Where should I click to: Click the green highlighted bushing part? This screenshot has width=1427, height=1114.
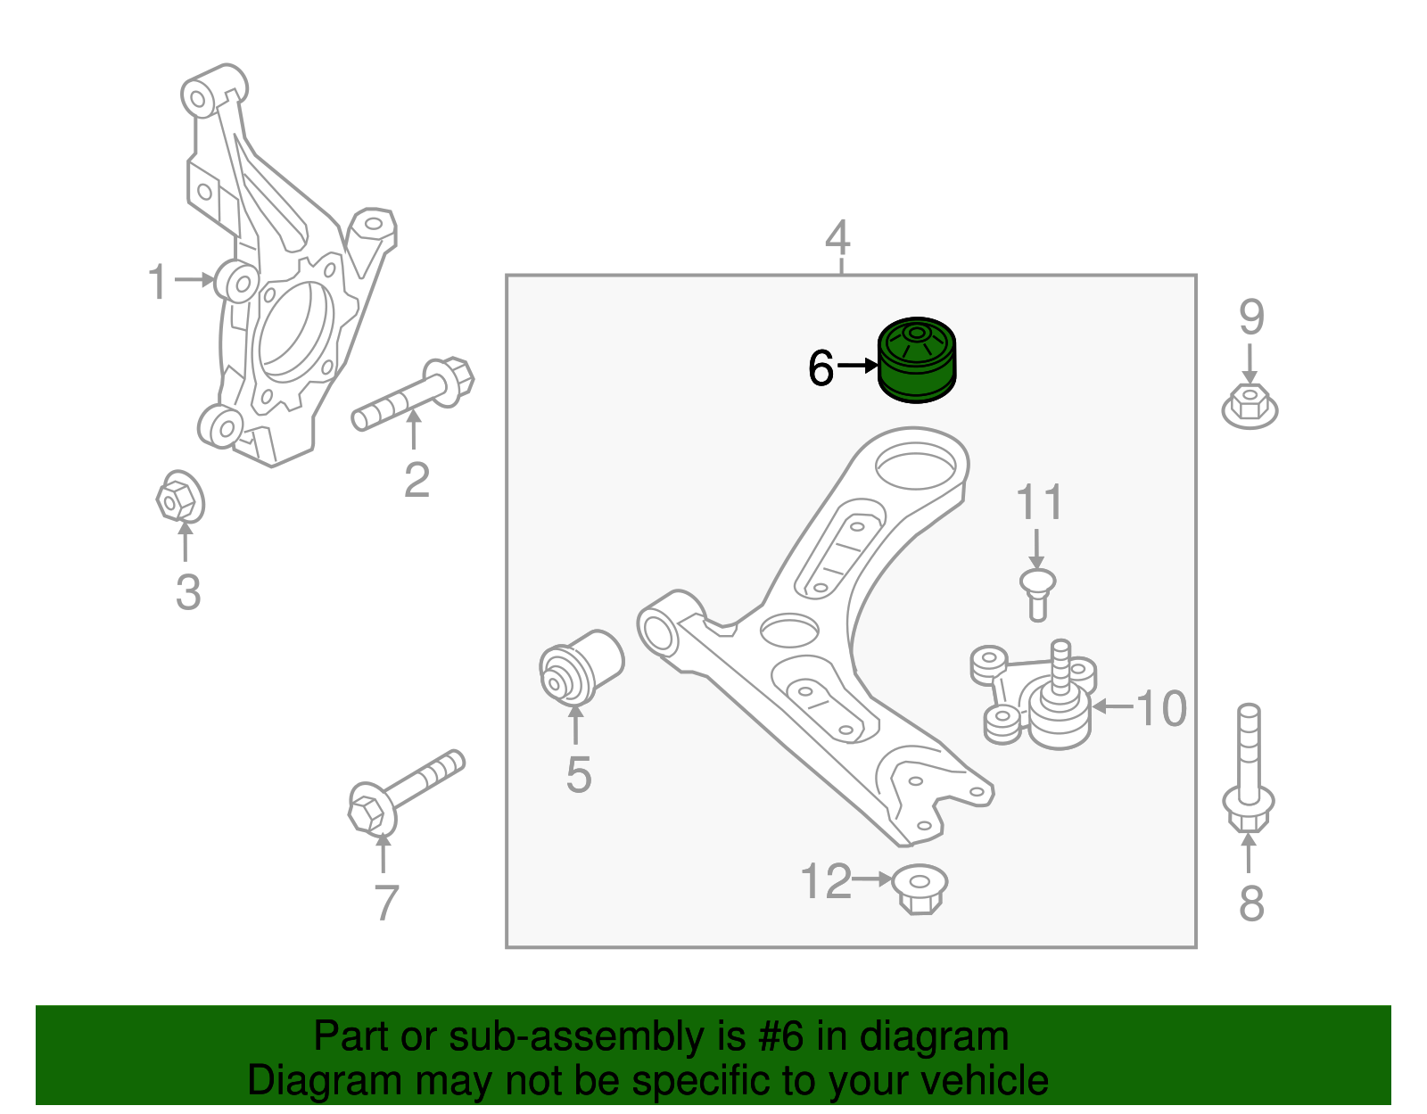tap(917, 360)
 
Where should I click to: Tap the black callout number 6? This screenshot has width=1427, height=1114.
tap(821, 367)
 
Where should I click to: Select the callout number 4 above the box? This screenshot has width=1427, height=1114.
tap(837, 238)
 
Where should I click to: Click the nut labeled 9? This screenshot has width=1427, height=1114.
tap(1250, 408)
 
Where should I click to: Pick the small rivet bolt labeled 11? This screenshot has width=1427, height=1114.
tap(1037, 593)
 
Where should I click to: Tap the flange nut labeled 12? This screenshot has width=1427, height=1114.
tap(920, 888)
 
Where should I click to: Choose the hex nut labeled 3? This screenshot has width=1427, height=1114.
tap(179, 498)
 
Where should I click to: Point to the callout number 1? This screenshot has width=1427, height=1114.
tap(157, 282)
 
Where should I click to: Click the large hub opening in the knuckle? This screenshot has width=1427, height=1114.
tap(294, 329)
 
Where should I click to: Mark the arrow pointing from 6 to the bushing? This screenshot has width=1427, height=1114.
tap(858, 366)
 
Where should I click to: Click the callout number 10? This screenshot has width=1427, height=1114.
tap(1161, 709)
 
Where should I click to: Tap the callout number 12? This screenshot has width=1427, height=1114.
tap(826, 882)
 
